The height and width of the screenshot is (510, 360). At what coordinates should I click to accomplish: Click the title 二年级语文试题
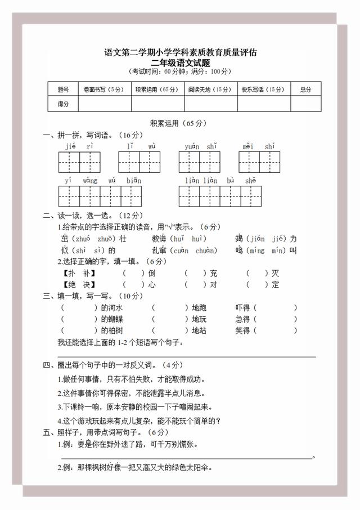coord(180,62)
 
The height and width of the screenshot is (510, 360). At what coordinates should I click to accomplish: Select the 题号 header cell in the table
coord(63,89)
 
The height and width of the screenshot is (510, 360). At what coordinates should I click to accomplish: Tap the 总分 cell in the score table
coord(305,89)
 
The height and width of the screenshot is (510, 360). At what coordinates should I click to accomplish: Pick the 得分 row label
coord(63,104)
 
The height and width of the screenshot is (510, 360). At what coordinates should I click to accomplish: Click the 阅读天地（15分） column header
coord(210,89)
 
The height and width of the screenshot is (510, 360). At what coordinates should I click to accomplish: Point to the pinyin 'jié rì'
coord(79,146)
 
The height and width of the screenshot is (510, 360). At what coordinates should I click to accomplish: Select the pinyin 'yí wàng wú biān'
coord(103,181)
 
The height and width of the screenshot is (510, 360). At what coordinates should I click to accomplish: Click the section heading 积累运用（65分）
coord(179,123)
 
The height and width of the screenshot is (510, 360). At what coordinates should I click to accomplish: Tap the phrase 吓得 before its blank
coord(242,308)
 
